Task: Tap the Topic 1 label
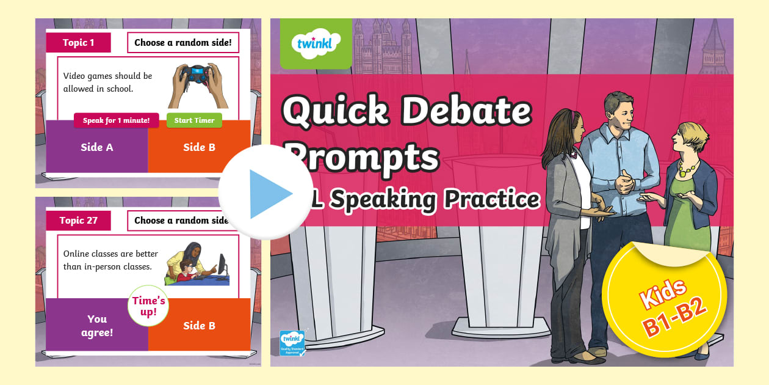[x=79, y=43]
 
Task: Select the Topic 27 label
[x=78, y=221]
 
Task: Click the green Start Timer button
[x=194, y=120]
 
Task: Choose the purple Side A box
[x=96, y=147]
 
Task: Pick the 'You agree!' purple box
[x=96, y=325]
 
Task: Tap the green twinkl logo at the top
[x=316, y=43]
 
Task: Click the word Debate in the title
[x=464, y=111]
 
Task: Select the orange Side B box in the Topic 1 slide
[x=199, y=147]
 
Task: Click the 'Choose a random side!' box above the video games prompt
[x=182, y=43]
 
